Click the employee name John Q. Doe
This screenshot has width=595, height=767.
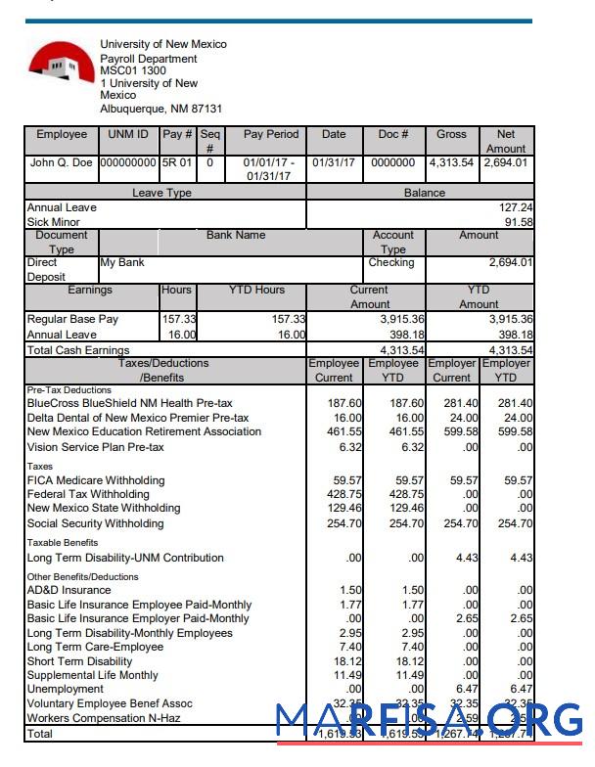62,163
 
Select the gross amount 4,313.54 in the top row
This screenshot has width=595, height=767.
451,163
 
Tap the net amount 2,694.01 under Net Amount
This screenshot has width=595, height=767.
506,163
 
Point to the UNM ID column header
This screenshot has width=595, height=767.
128,135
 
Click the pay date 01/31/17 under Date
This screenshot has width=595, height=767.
334,163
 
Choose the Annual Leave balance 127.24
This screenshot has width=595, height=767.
516,208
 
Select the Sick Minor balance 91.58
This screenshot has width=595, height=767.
519,222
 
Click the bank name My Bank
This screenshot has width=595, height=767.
122,263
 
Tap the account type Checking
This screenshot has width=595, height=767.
391,263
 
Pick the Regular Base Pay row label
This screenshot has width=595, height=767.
72,320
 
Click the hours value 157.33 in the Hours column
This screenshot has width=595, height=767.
178,320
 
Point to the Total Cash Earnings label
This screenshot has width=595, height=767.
78,350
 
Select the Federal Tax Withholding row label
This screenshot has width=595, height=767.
88,494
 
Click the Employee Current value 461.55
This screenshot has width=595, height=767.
343,431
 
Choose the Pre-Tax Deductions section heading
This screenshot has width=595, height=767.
68,389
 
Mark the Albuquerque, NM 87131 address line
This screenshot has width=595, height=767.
160,110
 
